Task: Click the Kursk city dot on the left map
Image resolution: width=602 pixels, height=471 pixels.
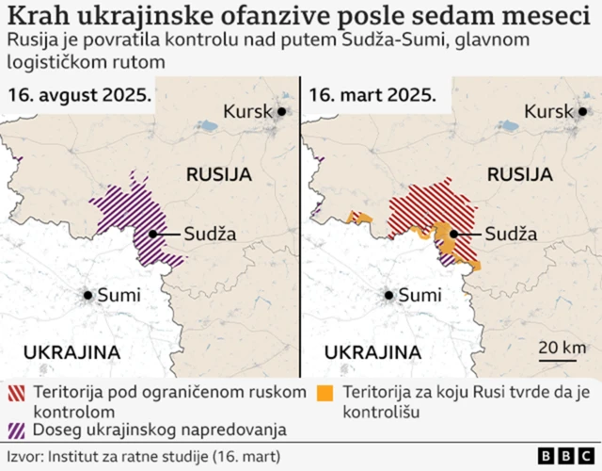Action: pyautogui.click(x=280, y=111)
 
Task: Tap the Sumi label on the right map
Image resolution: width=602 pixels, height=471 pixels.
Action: pyautogui.click(x=420, y=295)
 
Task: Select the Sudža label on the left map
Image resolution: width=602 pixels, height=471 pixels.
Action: pyautogui.click(x=209, y=235)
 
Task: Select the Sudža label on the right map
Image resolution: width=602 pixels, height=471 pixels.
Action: pyautogui.click(x=512, y=235)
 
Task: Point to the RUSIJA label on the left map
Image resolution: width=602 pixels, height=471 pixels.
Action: pyautogui.click(x=219, y=174)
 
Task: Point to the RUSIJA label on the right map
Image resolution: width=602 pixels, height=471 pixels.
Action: pyautogui.click(x=519, y=174)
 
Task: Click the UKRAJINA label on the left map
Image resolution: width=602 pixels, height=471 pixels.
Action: pyautogui.click(x=71, y=352)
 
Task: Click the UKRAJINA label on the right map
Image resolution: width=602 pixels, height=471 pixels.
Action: pyautogui.click(x=372, y=352)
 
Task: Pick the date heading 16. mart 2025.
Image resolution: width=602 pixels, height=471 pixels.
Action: pyautogui.click(x=373, y=95)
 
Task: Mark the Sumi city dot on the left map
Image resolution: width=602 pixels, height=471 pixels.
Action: pyautogui.click(x=88, y=295)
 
